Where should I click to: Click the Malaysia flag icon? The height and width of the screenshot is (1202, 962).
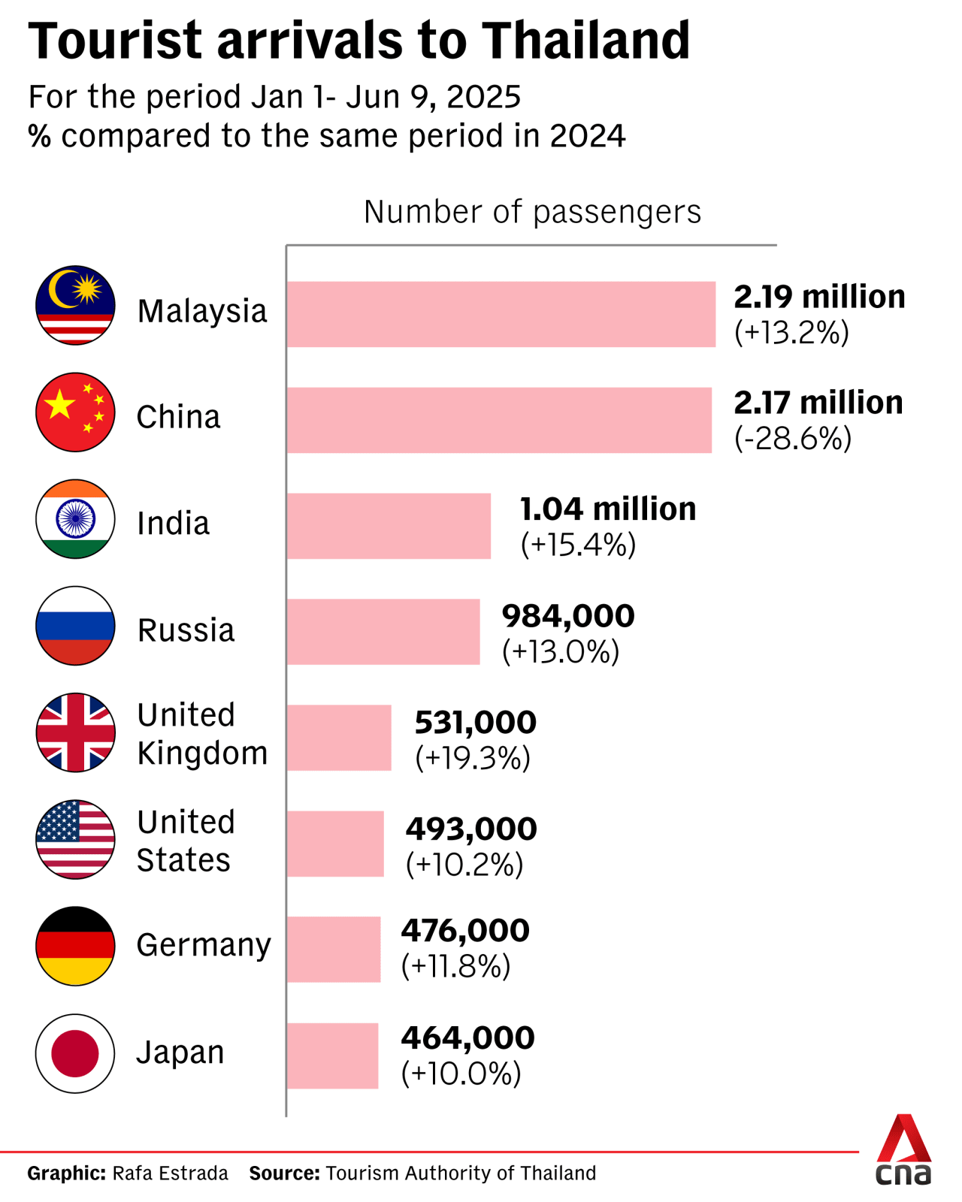75,305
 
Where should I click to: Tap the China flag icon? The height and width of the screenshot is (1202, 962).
75,412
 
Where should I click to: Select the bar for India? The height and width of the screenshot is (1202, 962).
389,526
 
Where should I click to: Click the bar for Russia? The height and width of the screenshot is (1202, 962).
383,632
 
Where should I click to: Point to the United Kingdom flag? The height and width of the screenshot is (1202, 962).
75,732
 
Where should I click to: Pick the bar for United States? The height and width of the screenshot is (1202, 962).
335,844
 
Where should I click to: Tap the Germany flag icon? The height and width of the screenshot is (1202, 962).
75,946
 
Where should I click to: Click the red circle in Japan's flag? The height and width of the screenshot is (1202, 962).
75,1053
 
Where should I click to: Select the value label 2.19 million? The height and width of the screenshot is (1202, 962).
819,297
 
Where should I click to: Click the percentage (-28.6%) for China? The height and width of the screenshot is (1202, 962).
793,438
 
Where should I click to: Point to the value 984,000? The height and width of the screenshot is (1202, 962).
568,616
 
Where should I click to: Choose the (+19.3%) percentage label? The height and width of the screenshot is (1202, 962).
473,758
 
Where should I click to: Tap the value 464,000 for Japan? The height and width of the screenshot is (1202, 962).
467,1038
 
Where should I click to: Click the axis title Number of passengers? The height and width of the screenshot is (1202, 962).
532,213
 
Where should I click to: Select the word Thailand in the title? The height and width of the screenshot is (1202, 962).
585,41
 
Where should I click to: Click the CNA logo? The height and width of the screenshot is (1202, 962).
903,1151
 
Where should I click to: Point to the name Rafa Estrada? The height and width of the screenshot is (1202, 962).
170,1173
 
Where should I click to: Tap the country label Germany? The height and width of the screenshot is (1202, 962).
204,945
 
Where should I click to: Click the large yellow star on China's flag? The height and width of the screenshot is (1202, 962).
59,406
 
